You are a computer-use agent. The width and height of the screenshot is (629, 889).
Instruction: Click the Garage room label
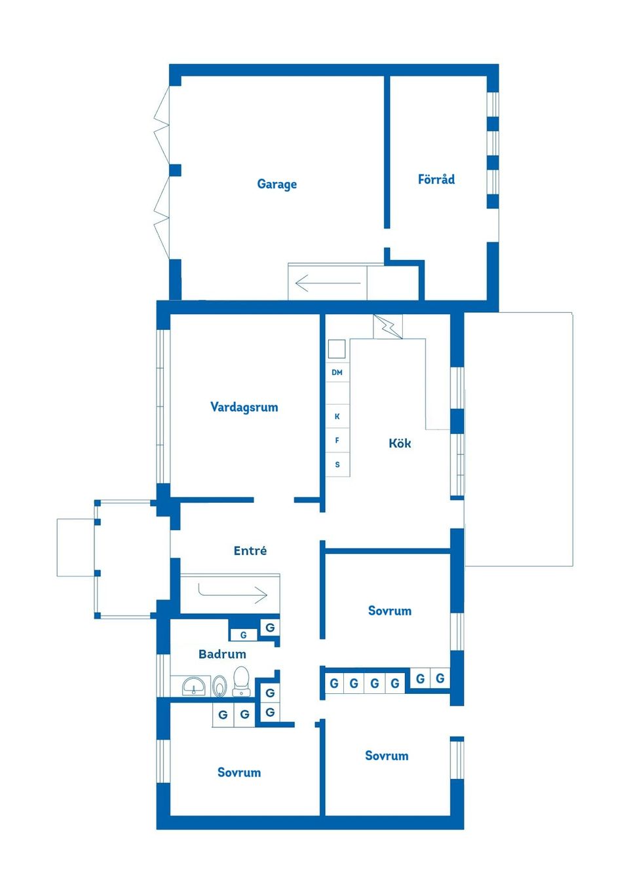pos(276,184)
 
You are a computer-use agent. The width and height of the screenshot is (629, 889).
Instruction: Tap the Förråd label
pos(436,179)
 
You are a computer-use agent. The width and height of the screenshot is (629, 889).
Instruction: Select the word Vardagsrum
pos(244,407)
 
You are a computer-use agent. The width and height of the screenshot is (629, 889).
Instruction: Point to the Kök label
pos(400,443)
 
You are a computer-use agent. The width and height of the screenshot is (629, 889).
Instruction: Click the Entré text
pos(250,551)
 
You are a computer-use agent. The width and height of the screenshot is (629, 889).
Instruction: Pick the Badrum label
pos(222,654)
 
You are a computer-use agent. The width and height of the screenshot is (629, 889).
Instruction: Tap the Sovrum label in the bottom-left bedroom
pos(238,772)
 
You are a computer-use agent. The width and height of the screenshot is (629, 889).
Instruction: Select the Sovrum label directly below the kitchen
pos(389,611)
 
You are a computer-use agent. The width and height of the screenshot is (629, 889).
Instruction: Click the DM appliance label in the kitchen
pos(337,372)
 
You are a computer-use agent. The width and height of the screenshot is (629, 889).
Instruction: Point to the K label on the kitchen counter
pos(337,416)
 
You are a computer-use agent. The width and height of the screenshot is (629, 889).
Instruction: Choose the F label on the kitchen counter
pos(337,441)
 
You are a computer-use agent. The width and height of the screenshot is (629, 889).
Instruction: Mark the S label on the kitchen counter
pos(337,465)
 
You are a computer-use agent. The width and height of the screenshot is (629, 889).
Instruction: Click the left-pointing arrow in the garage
pos(328,283)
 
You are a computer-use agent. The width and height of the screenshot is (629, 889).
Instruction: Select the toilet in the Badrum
pos(241,681)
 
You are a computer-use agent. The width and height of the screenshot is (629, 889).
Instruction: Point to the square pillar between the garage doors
pos(175,170)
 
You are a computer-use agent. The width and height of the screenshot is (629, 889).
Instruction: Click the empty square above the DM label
pos(337,349)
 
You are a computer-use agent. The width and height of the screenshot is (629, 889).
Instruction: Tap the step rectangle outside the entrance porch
pos(75,547)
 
